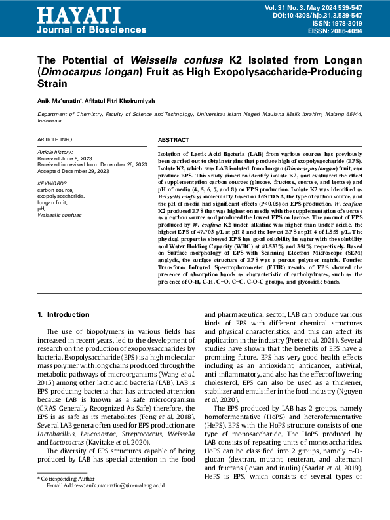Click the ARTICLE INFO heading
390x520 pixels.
(55, 140)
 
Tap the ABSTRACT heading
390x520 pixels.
(174, 141)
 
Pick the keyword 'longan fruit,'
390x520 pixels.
(52, 202)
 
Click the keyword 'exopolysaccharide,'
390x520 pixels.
(61, 196)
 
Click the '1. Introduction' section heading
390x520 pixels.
(64, 314)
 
